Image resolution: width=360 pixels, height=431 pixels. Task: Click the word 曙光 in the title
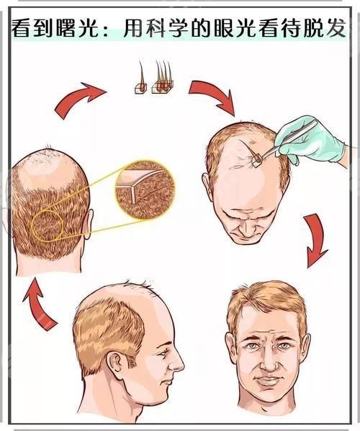tap(78, 28)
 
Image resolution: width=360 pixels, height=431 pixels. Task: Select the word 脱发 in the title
tap(325, 28)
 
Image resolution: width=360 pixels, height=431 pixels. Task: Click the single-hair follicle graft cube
tap(141, 88)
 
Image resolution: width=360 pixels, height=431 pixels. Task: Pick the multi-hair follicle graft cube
tap(163, 87)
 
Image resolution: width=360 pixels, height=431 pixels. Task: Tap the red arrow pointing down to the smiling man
tap(316, 241)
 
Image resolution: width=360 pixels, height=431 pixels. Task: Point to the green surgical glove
tap(310, 141)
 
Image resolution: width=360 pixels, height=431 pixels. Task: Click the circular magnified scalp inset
tap(145, 190)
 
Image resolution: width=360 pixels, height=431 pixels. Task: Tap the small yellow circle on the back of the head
tap(48, 226)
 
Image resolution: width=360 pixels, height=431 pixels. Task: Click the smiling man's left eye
tap(283, 345)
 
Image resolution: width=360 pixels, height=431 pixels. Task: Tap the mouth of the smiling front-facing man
tap(267, 381)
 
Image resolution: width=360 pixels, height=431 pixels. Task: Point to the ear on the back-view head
tap(89, 223)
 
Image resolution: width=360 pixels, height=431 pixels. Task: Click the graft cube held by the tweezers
tap(257, 161)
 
